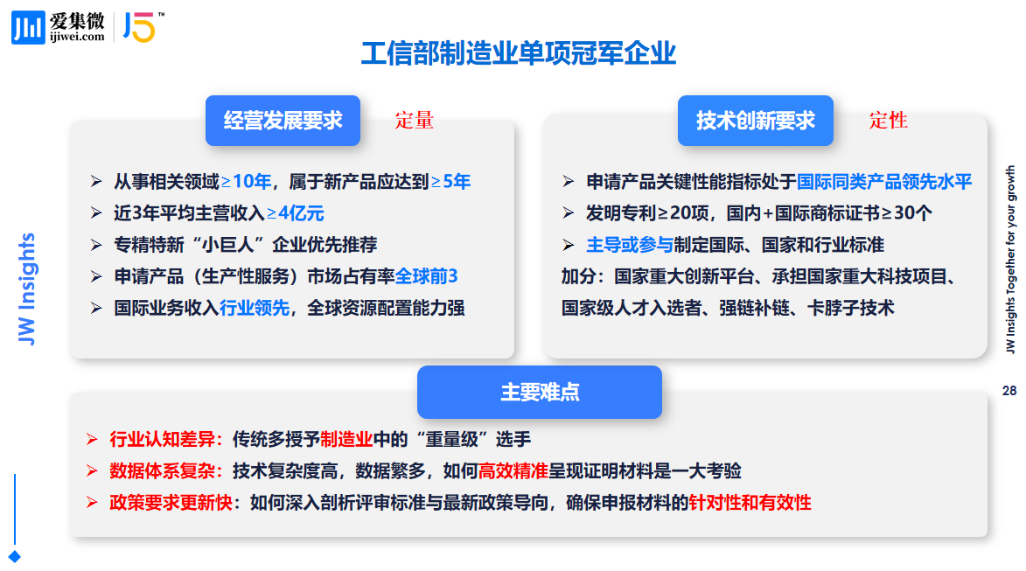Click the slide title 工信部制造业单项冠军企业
[x=518, y=53]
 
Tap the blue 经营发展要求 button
[x=283, y=121]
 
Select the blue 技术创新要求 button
[x=755, y=121]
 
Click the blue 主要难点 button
[x=540, y=392]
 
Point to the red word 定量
[x=415, y=121]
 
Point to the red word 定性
[x=888, y=121]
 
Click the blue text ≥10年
[x=246, y=181]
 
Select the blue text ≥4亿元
[x=295, y=213]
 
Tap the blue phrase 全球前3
[x=426, y=276]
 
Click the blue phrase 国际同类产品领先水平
[x=884, y=181]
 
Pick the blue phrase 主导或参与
[x=630, y=245]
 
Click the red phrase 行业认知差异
[x=163, y=439]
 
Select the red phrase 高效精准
[x=513, y=471]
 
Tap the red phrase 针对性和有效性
[x=750, y=502]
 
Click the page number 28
[x=1009, y=391]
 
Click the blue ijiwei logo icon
[x=28, y=27]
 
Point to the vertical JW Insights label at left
[x=26, y=289]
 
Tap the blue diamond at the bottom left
[x=14, y=557]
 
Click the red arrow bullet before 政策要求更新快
[x=92, y=502]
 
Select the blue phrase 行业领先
[x=255, y=308]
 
